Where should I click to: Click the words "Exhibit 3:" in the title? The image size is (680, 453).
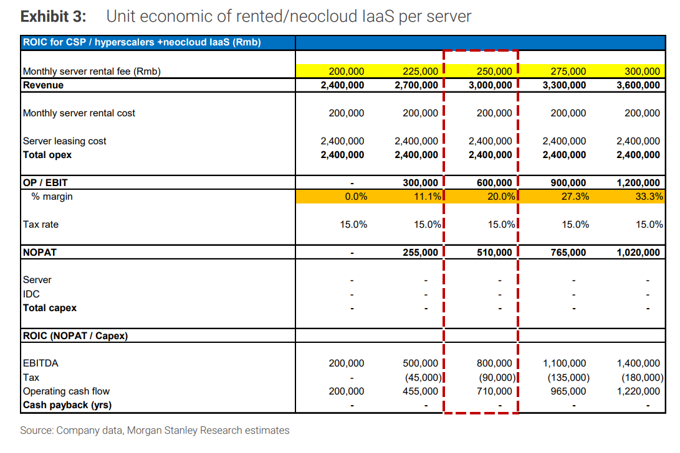pyautogui.click(x=54, y=16)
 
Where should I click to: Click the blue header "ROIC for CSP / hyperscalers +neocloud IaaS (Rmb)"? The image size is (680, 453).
pyautogui.click(x=142, y=42)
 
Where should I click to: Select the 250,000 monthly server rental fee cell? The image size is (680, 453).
pyautogui.click(x=494, y=72)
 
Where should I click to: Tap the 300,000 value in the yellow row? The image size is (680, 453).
pyautogui.click(x=642, y=72)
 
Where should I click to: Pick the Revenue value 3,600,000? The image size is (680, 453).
pyautogui.click(x=638, y=85)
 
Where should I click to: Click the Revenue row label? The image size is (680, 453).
pyautogui.click(x=43, y=85)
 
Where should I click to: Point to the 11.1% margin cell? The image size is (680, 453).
pyautogui.click(x=427, y=197)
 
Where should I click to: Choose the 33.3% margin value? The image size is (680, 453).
pyautogui.click(x=649, y=197)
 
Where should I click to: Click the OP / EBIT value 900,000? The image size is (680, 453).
pyautogui.click(x=568, y=183)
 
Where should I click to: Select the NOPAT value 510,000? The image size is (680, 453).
pyautogui.click(x=494, y=253)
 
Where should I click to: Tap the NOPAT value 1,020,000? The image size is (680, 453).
pyautogui.click(x=638, y=253)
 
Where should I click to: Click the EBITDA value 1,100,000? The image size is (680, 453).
pyautogui.click(x=564, y=363)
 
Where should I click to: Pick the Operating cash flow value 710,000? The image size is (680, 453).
pyautogui.click(x=494, y=391)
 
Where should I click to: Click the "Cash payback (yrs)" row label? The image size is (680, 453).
pyautogui.click(x=67, y=405)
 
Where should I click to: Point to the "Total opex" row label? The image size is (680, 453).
pyautogui.click(x=47, y=155)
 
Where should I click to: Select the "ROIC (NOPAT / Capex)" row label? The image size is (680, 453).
pyautogui.click(x=75, y=336)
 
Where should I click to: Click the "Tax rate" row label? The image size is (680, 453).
pyautogui.click(x=41, y=225)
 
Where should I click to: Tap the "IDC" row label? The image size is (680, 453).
pyautogui.click(x=31, y=294)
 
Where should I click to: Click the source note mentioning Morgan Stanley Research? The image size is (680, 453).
pyautogui.click(x=155, y=431)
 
